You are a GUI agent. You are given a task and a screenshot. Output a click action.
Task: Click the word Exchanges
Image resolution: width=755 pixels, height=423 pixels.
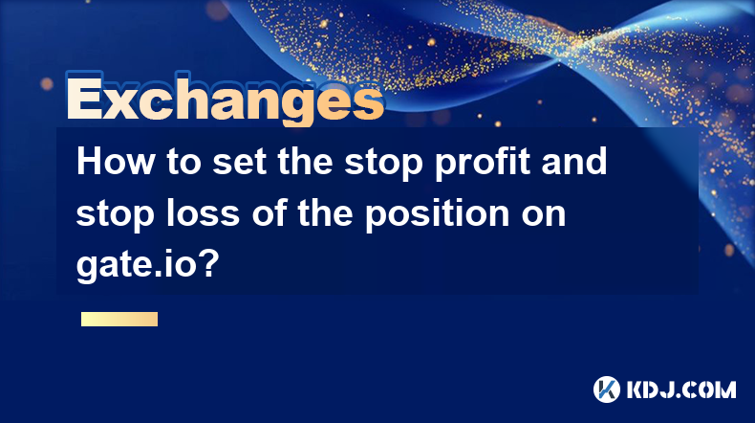point(226,99)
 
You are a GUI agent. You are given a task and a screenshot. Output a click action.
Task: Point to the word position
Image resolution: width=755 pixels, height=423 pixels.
point(437,215)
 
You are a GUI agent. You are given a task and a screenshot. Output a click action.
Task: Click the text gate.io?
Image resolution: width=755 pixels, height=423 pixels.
point(148,265)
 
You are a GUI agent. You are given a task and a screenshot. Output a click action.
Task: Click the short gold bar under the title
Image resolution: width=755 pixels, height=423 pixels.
point(119,319)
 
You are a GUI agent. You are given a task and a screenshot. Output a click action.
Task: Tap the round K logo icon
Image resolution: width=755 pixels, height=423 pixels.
point(607,390)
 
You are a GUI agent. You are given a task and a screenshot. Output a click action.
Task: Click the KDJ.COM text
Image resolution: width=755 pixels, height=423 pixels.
point(681,390)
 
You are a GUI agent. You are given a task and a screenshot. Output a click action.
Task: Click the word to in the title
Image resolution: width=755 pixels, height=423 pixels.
point(183,163)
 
